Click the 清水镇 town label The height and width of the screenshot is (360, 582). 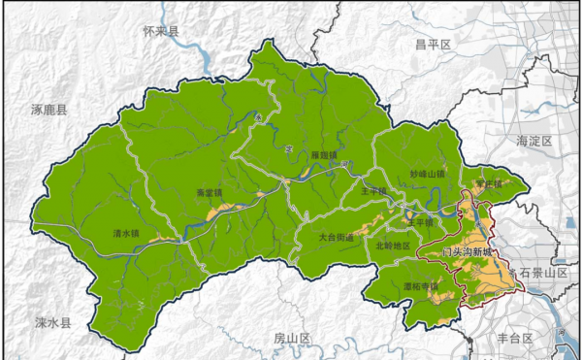[x=127, y=233]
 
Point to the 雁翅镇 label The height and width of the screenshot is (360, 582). [x=324, y=154]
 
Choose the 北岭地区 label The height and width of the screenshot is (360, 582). [x=393, y=245]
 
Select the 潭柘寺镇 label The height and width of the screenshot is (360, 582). [x=420, y=286]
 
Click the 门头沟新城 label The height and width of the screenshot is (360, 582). [x=467, y=252]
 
